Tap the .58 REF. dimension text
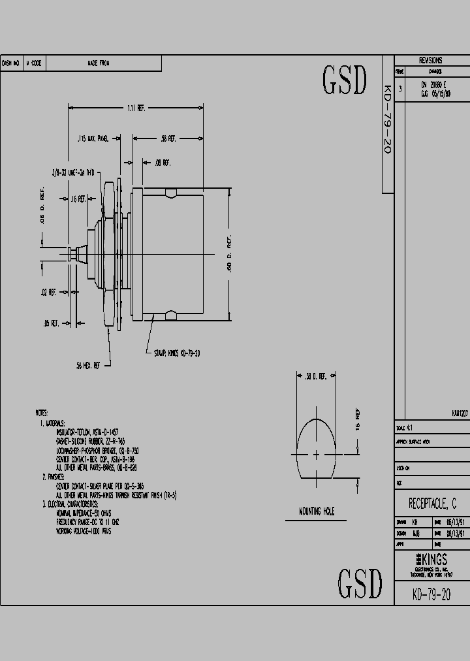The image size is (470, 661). (x=168, y=138)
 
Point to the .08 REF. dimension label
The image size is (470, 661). (x=162, y=162)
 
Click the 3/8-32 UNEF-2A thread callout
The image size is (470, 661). (x=74, y=172)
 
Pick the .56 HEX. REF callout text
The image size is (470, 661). (x=88, y=366)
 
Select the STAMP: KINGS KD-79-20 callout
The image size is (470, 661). (x=177, y=353)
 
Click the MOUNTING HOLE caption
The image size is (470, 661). (x=317, y=511)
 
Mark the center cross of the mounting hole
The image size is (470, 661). (x=317, y=455)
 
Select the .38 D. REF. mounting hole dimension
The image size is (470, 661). (x=315, y=376)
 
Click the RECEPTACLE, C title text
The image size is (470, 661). (x=432, y=504)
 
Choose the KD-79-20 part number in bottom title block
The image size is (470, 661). (x=431, y=594)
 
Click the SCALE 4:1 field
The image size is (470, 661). (x=405, y=428)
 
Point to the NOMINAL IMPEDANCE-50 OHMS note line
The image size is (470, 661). (x=84, y=513)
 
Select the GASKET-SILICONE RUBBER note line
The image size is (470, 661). (x=90, y=441)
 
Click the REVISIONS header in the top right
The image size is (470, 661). (x=431, y=60)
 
